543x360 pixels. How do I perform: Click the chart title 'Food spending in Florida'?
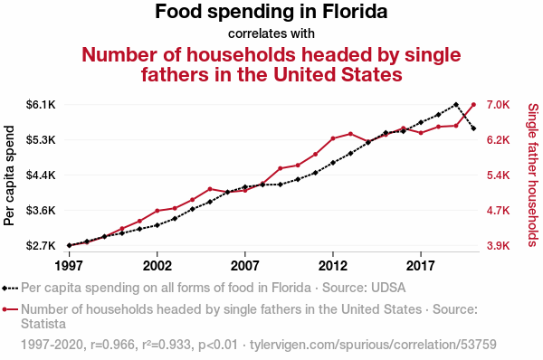pyautogui.click(x=271, y=12)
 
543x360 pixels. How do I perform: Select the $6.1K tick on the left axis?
pyautogui.click(x=41, y=104)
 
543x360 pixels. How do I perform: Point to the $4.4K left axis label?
pyautogui.click(x=41, y=175)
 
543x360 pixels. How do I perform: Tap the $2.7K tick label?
pyautogui.click(x=41, y=245)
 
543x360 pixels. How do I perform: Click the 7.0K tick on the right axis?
pyautogui.click(x=498, y=104)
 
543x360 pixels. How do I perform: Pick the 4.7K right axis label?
pyautogui.click(x=498, y=210)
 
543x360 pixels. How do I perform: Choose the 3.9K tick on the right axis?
pyautogui.click(x=498, y=245)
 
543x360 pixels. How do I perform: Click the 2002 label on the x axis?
pyautogui.click(x=157, y=266)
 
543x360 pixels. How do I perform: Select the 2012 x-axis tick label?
pyautogui.click(x=333, y=266)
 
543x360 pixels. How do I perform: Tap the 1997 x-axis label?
pyautogui.click(x=70, y=266)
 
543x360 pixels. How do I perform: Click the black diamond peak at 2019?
pyautogui.click(x=456, y=105)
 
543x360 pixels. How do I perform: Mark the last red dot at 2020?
pyautogui.click(x=473, y=105)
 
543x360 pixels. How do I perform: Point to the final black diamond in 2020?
pyautogui.click(x=473, y=128)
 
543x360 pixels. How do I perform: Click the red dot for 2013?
pyautogui.click(x=350, y=134)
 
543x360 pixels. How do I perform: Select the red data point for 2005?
pyautogui.click(x=210, y=189)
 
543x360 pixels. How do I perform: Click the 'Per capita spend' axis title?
pyautogui.click(x=9, y=175)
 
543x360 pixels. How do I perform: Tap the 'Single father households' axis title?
pyautogui.click(x=533, y=175)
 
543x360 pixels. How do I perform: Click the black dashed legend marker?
pyautogui.click(x=10, y=288)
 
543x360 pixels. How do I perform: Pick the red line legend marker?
pyautogui.click(x=10, y=309)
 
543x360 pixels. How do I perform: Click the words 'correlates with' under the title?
pyautogui.click(x=271, y=33)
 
